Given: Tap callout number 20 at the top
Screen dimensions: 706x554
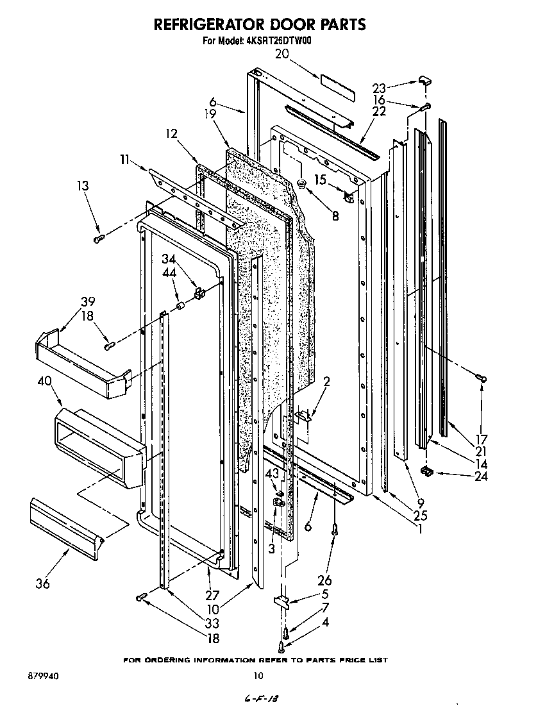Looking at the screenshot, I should [282, 55].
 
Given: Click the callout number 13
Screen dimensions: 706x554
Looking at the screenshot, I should [82, 186].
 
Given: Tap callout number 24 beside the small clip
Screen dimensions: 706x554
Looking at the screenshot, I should [480, 476].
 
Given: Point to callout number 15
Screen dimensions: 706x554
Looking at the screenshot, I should [320, 180].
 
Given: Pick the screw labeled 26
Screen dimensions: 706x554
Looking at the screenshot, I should [335, 531].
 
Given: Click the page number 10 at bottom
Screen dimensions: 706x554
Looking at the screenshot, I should [258, 675].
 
